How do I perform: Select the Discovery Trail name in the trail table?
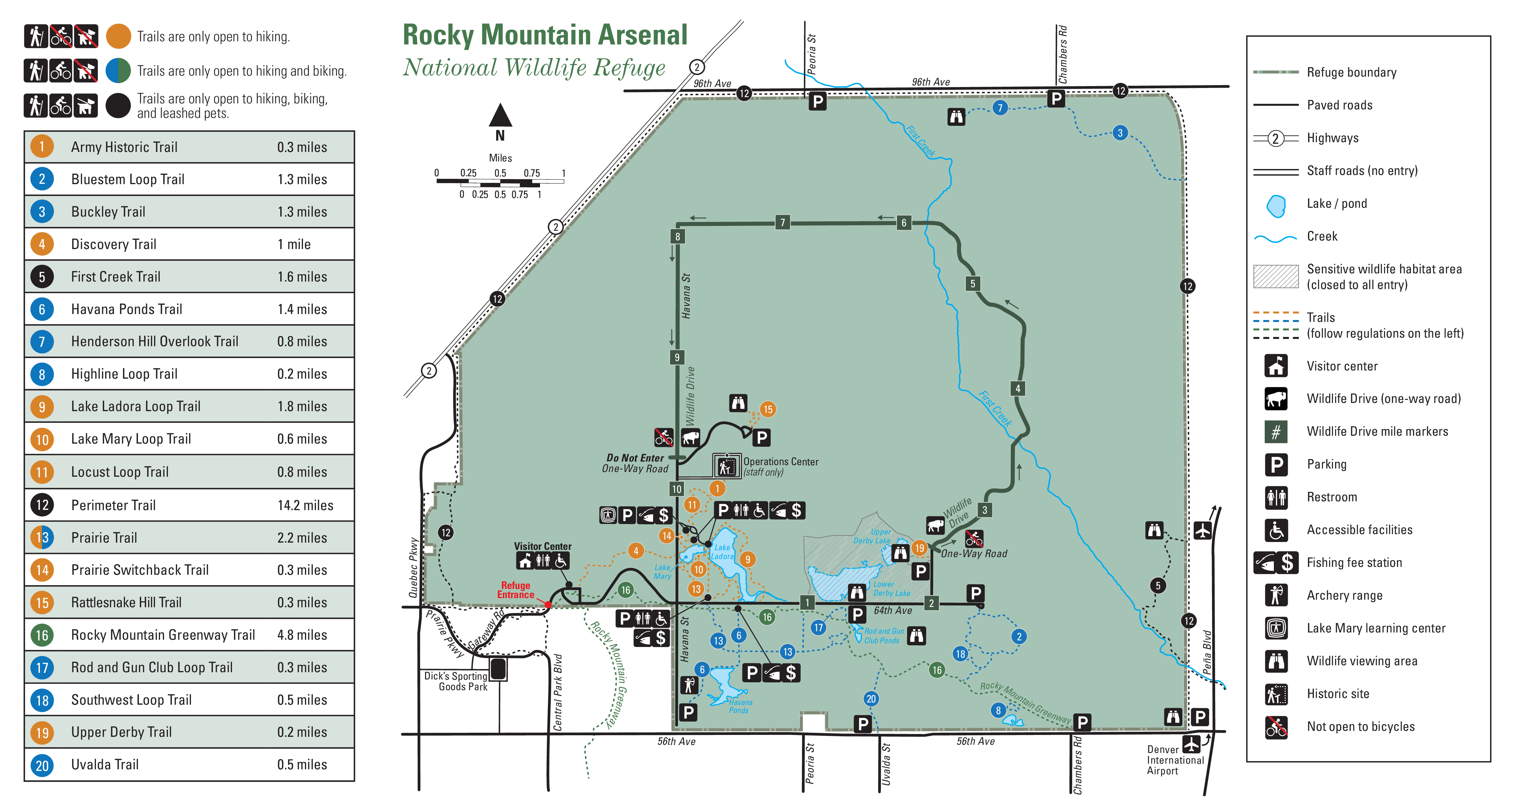[x=114, y=244]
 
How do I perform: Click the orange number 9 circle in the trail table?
[x=42, y=407]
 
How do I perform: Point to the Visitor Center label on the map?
[x=542, y=547]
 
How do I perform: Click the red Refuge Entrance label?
[x=516, y=590]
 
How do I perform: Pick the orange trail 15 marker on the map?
[x=768, y=410]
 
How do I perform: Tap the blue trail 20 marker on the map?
[x=871, y=699]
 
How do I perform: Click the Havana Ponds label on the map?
[x=740, y=706]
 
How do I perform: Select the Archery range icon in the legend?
[x=1276, y=595]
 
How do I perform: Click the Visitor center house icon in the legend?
[x=1276, y=366]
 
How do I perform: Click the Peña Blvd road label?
[x=1207, y=652]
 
